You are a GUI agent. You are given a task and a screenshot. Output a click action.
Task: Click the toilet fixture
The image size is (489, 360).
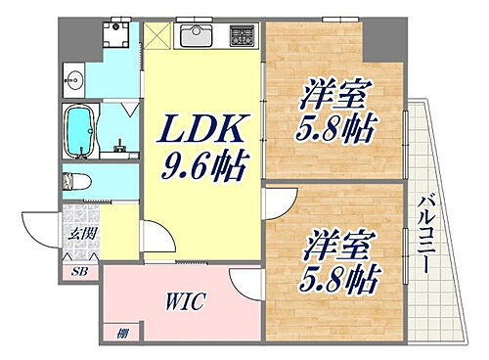tap(76, 182)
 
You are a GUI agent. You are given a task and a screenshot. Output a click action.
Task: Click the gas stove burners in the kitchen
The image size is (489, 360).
tap(239, 36)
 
